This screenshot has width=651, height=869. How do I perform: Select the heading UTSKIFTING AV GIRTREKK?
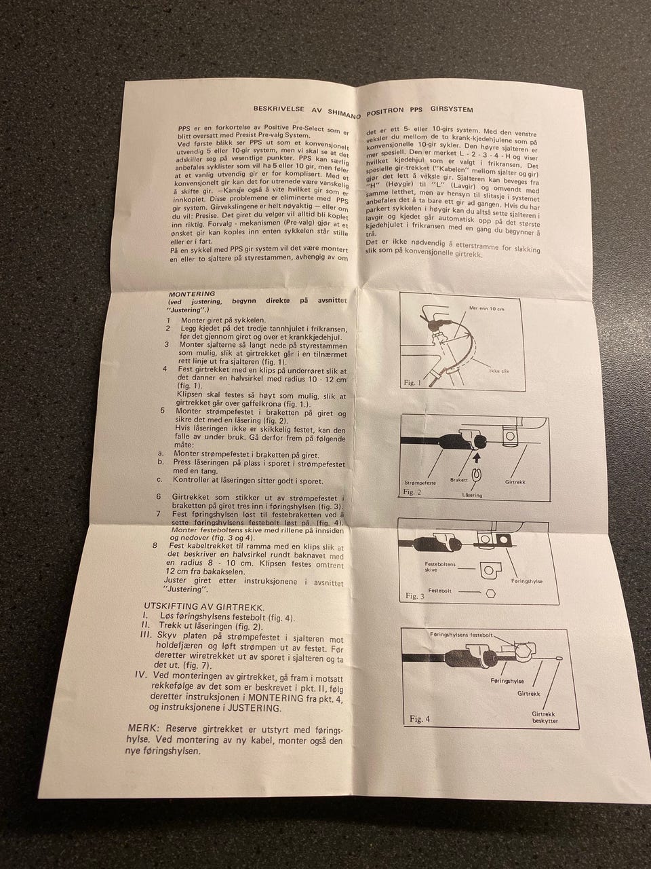(x=204, y=608)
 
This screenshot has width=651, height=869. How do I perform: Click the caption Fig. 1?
(x=413, y=383)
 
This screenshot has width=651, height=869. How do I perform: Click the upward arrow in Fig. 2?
(x=477, y=458)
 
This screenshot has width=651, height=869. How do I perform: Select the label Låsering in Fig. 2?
(x=472, y=496)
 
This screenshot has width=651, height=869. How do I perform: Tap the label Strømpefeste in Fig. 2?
(x=420, y=483)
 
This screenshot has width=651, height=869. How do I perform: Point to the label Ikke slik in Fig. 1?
(x=499, y=371)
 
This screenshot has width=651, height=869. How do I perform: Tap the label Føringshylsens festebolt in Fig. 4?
(x=461, y=635)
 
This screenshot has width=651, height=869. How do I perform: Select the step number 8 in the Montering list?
(x=155, y=546)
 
